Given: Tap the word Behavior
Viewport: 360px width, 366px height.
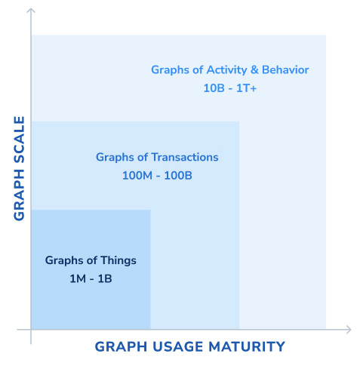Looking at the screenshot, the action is tap(285, 69).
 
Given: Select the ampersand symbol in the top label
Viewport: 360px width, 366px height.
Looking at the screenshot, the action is tap(254, 70).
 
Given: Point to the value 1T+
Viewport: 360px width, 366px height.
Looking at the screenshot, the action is tap(246, 88).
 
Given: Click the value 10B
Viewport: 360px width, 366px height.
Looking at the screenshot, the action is tap(214, 88).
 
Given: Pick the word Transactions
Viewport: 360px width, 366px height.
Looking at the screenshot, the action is tap(185, 157).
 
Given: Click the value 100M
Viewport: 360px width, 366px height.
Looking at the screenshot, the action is tap(137, 176).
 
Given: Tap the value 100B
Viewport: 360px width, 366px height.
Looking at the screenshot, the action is tap(178, 176).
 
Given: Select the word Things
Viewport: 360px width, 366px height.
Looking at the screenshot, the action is tap(118, 261).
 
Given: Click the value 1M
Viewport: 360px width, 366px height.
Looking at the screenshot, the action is tap(78, 278).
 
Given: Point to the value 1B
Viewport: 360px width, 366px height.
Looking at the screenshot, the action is tap(105, 278).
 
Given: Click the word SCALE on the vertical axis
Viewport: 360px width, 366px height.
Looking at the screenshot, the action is tap(20, 139).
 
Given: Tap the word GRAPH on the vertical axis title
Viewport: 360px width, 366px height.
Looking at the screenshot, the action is tap(20, 195).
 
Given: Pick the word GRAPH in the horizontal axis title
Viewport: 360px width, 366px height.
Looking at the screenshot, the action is tap(121, 346).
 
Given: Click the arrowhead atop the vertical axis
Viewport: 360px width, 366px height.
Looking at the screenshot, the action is tap(31, 11).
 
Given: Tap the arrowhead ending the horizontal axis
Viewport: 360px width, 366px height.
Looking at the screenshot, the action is tap(349, 329).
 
